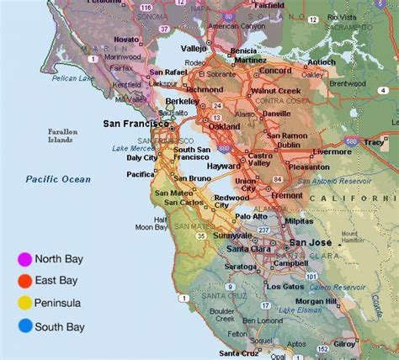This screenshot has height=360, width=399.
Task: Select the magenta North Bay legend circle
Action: point(25,259)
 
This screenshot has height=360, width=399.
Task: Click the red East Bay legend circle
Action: point(25,281)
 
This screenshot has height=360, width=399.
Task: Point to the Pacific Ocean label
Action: point(58,179)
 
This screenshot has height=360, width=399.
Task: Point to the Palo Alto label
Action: point(250,215)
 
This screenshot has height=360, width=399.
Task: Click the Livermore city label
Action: point(332,152)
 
